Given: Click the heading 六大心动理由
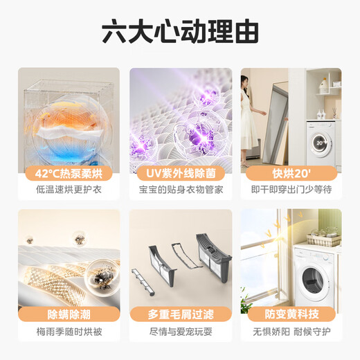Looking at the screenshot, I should pyautogui.click(x=179, y=30).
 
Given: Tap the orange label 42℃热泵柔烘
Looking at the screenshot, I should pyautogui.click(x=69, y=172).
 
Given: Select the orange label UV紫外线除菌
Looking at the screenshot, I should pyautogui.click(x=179, y=172).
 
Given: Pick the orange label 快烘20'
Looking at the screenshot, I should pyautogui.click(x=291, y=172).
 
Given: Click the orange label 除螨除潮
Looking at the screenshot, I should pyautogui.click(x=69, y=314).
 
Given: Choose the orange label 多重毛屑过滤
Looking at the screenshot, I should pyautogui.click(x=179, y=314).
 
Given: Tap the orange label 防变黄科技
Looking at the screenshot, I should pyautogui.click(x=291, y=314).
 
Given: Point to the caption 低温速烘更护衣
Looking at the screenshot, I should pyautogui.click(x=69, y=190).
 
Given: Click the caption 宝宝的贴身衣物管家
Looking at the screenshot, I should pyautogui.click(x=179, y=190).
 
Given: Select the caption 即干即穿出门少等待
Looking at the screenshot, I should pyautogui.click(x=291, y=190).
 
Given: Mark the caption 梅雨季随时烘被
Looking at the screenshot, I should pyautogui.click(x=69, y=331).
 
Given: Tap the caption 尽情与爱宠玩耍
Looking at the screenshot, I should pyautogui.click(x=179, y=331).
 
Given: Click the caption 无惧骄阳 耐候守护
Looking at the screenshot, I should pyautogui.click(x=291, y=331).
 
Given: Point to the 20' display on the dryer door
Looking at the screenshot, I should pyautogui.click(x=319, y=143).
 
